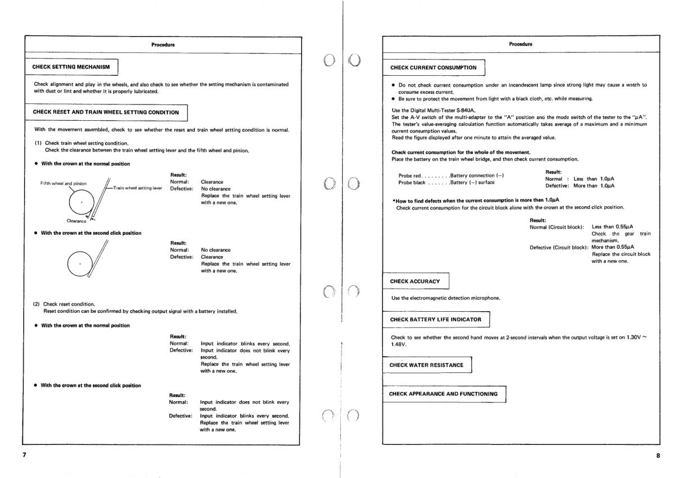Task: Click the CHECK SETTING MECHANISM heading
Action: pos(70,67)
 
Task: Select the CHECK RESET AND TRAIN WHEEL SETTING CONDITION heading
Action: pos(106,112)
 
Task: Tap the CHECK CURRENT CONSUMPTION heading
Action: pos(433,67)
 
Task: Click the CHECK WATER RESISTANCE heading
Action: pos(426,365)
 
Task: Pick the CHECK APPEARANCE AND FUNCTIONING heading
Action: pos(444,394)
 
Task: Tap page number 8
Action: pos(658,456)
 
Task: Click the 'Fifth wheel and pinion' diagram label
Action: pos(63,183)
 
